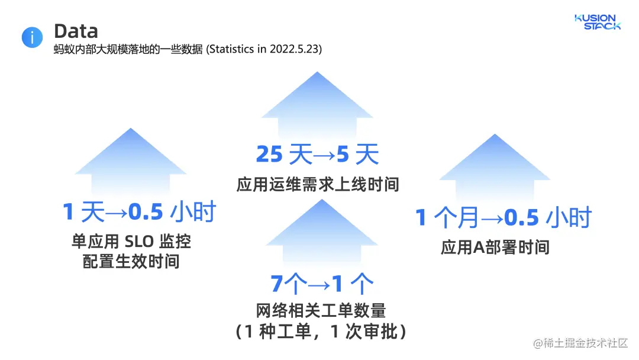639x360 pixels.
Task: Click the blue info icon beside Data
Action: (x=32, y=37)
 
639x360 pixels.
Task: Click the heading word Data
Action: (x=76, y=31)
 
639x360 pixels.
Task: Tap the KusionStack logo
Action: (x=598, y=22)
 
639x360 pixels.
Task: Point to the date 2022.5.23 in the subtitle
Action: (x=295, y=50)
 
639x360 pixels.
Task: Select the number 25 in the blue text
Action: (x=270, y=155)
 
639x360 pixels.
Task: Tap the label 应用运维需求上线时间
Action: (x=318, y=185)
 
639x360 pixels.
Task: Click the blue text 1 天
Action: (x=83, y=212)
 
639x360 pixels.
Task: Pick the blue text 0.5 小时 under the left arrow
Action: (x=172, y=212)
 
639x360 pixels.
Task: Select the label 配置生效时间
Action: (x=131, y=261)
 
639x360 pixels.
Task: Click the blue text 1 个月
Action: (x=447, y=218)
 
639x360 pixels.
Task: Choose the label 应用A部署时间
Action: (x=495, y=247)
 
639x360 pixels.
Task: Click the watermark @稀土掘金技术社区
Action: (x=580, y=344)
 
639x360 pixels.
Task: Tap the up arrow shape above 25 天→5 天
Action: (x=317, y=107)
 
